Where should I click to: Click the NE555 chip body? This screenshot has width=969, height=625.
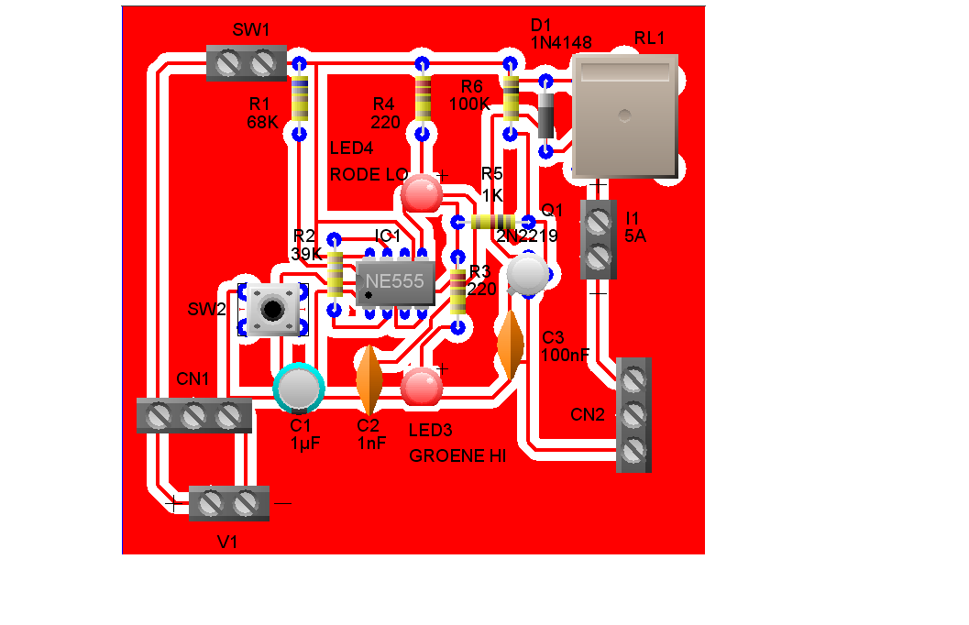[395, 283]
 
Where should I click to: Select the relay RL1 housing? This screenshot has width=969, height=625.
[624, 115]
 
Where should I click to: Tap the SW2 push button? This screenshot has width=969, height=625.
[272, 308]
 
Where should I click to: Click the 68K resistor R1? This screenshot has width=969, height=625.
[299, 99]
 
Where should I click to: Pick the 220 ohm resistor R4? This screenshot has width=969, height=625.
[422, 98]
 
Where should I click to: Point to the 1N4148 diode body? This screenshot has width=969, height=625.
[545, 115]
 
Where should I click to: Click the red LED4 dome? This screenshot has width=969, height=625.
[422, 193]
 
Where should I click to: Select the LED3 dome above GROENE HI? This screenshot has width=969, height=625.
[422, 387]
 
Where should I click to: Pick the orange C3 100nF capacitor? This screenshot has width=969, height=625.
[510, 345]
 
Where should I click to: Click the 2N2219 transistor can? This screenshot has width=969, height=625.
[528, 274]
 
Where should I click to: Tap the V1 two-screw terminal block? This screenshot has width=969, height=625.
[228, 503]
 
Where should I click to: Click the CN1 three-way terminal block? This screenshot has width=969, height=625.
[193, 416]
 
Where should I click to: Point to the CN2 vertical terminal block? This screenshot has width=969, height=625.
[633, 415]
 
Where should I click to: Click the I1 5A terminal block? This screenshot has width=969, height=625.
[598, 239]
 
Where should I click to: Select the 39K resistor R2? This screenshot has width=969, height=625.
[335, 272]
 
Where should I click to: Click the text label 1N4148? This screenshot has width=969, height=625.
[560, 42]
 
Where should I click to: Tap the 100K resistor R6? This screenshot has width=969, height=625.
[510, 99]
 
